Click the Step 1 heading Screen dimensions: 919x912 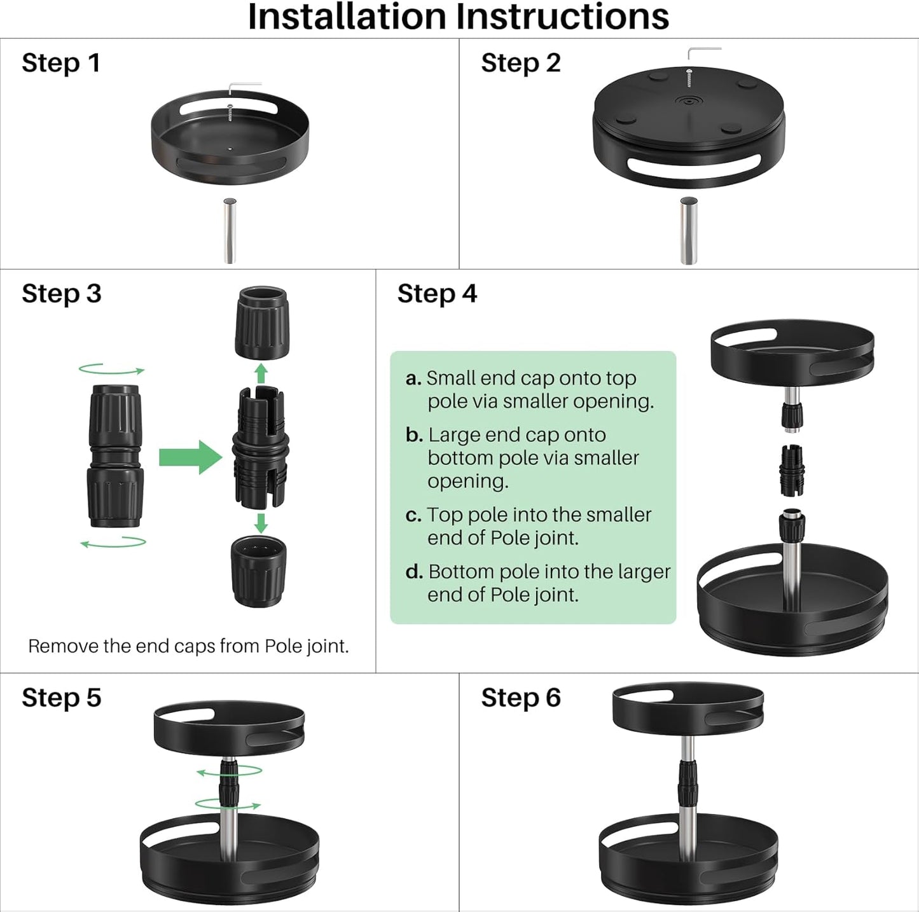point(61,64)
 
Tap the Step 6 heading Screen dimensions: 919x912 point(521,698)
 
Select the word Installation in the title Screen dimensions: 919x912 point(347,17)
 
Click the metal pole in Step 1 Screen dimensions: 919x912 point(230,231)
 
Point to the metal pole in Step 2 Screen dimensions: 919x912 point(689,230)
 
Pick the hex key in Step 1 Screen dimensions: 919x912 point(245,88)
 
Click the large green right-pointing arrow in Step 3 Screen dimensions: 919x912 point(190,457)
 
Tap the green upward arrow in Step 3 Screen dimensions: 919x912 point(260,373)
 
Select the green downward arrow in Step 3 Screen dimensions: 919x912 point(261,523)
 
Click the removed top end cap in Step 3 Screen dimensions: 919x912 point(262,322)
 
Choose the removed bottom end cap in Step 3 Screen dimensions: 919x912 point(259,571)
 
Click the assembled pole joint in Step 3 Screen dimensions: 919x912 point(114,456)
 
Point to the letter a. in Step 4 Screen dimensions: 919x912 point(413,378)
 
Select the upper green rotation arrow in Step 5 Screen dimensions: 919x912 point(230,770)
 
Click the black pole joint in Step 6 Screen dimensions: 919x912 point(688,787)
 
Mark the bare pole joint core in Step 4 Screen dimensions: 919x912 point(792,471)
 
